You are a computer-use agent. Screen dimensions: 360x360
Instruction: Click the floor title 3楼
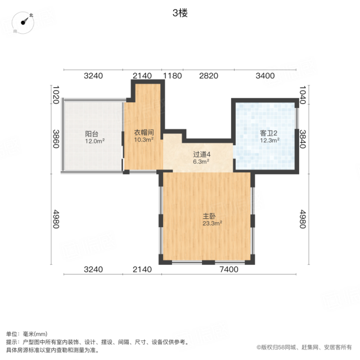click(x=180, y=13)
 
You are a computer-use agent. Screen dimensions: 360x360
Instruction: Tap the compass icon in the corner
click(x=23, y=22)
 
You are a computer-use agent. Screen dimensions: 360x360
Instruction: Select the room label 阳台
click(x=92, y=134)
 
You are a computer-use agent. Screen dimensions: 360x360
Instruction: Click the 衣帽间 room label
click(x=144, y=133)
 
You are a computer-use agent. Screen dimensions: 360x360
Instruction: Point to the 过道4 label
click(x=201, y=154)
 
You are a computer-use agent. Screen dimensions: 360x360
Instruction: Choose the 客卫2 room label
click(x=269, y=133)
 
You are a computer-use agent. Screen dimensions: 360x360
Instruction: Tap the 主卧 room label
click(x=209, y=216)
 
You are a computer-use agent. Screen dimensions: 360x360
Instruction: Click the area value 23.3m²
click(x=212, y=223)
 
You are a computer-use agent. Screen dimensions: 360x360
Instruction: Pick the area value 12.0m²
click(x=95, y=141)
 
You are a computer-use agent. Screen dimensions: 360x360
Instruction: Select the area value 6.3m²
click(x=201, y=161)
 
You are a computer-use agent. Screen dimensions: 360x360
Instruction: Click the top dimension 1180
click(x=173, y=76)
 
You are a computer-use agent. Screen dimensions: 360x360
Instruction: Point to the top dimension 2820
click(x=209, y=76)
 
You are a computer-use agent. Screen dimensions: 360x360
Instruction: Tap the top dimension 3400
click(x=265, y=76)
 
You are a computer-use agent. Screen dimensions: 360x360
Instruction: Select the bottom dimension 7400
click(x=229, y=269)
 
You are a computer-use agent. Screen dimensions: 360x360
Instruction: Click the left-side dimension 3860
click(x=56, y=139)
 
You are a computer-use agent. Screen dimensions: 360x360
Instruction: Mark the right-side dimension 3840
click(x=303, y=139)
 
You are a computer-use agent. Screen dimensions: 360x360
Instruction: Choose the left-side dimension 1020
click(x=56, y=95)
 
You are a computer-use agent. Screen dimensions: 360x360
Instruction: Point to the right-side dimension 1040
click(x=303, y=95)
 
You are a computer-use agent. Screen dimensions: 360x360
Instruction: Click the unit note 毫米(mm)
click(x=35, y=334)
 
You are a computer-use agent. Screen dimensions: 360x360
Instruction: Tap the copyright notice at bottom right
click(x=304, y=348)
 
